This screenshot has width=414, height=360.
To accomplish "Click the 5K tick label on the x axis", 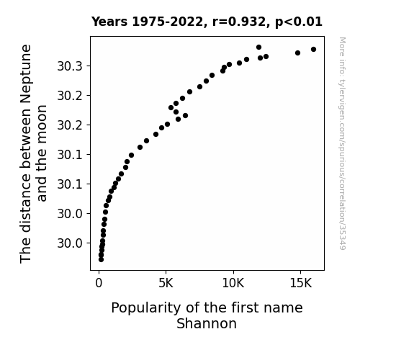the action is click(x=166, y=284).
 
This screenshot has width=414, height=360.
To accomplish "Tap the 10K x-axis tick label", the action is click(x=233, y=284).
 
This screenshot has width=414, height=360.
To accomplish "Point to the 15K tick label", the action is click(x=301, y=284).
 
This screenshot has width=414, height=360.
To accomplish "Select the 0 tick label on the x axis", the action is click(x=99, y=284).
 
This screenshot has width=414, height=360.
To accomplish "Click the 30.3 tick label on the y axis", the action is click(x=70, y=66).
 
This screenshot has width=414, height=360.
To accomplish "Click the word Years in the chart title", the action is click(x=109, y=22).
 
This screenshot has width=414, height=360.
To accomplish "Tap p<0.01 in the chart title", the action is click(x=299, y=22).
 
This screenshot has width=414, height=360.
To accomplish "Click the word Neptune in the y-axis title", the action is click(x=26, y=73).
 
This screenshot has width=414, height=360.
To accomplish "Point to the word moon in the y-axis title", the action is click(x=42, y=122).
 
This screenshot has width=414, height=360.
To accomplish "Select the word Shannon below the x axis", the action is click(x=207, y=323).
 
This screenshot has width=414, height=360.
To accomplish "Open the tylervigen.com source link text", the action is click(x=342, y=143).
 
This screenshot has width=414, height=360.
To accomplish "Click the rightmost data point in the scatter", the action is click(x=313, y=50).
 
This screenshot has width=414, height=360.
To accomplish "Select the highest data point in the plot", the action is click(x=258, y=48).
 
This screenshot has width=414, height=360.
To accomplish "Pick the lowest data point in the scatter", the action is click(x=101, y=260).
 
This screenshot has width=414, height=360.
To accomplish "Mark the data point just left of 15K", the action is click(x=297, y=53).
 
